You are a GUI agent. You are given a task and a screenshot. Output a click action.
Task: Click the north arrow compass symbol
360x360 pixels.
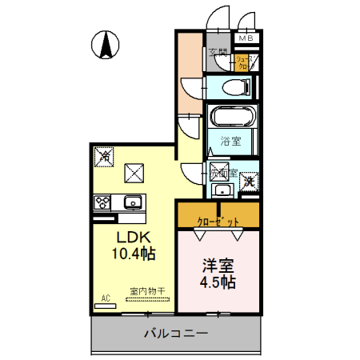[106, 44]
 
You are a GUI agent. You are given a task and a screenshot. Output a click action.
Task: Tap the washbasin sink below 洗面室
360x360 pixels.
[221, 190]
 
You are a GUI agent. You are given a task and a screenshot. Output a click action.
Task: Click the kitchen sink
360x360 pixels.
[132, 200]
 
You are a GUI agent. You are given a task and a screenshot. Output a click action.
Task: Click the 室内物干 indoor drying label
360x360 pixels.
[147, 293]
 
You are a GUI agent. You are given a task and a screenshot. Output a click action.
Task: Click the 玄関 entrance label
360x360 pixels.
[217, 54]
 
